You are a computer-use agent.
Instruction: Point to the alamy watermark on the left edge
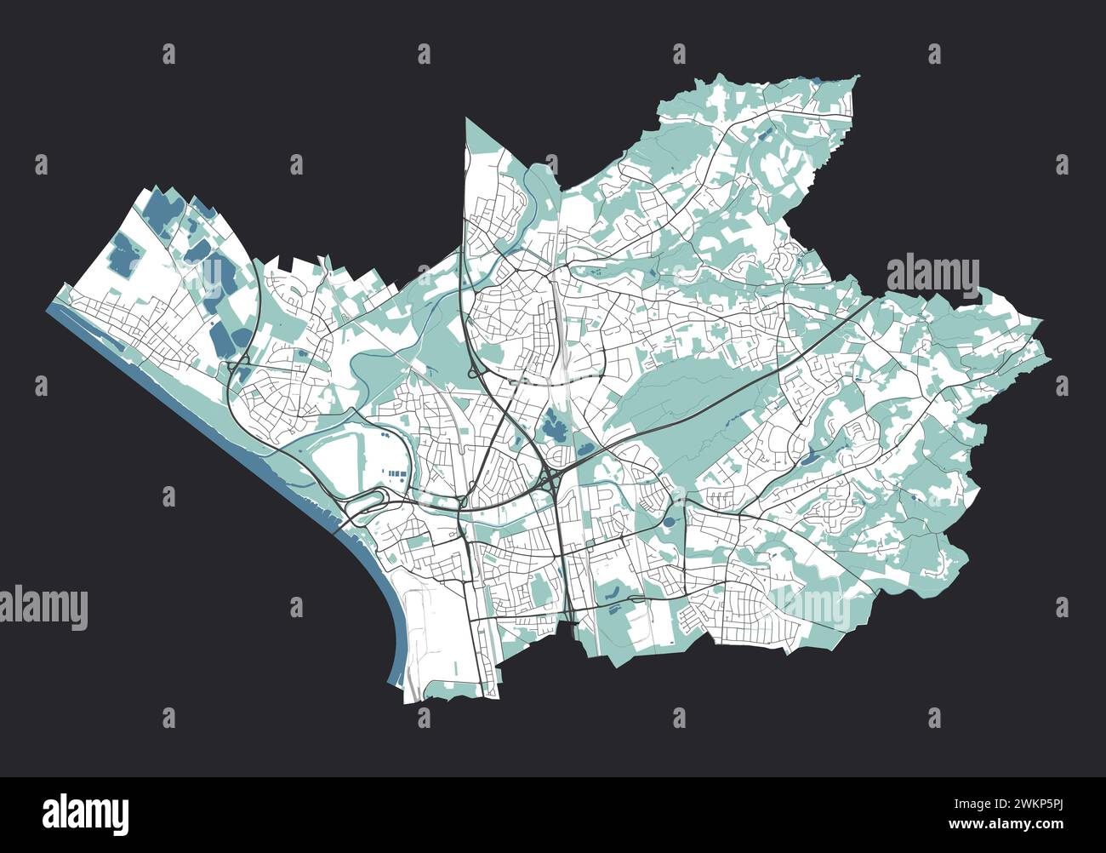[43, 608]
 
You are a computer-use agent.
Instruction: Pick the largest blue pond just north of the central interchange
[556, 425]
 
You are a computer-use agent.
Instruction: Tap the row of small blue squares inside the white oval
[394, 470]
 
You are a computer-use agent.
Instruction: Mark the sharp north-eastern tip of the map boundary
[858, 77]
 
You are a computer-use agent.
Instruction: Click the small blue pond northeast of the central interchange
[585, 447]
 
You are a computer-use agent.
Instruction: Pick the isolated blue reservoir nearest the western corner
[123, 254]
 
